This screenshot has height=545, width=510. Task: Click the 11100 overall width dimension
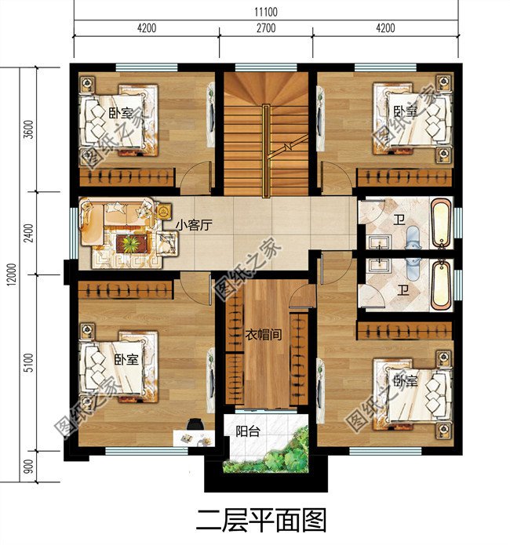(266, 12)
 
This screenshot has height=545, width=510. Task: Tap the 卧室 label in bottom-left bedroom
(126, 359)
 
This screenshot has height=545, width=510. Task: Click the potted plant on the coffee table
(129, 243)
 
